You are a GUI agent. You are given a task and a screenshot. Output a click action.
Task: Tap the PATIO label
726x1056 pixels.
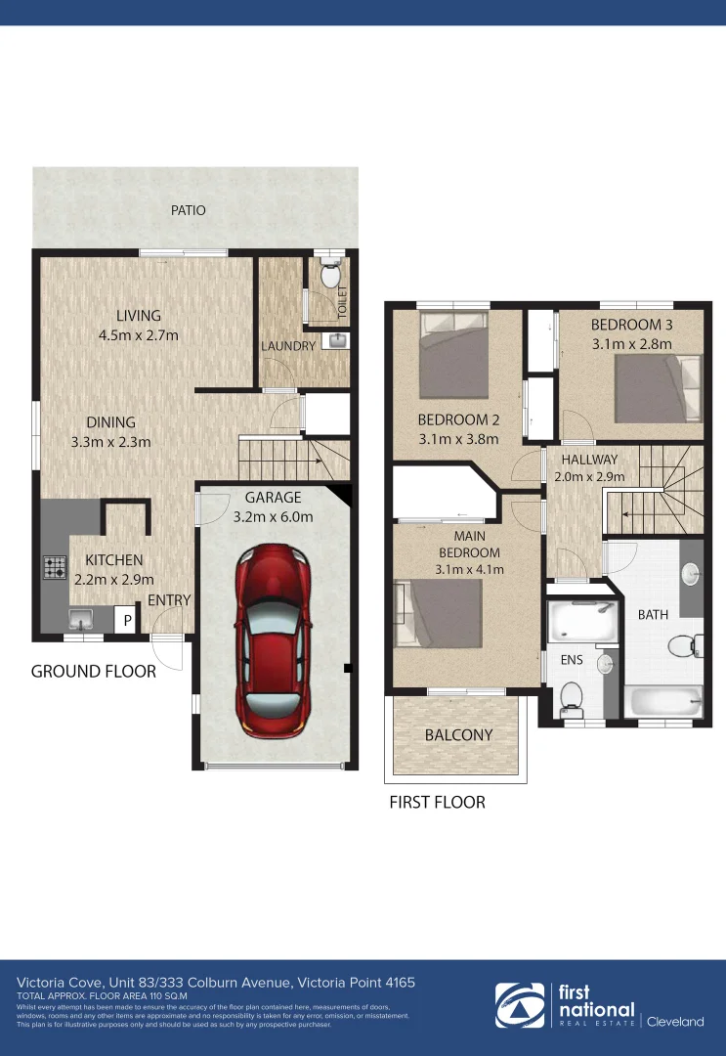189,210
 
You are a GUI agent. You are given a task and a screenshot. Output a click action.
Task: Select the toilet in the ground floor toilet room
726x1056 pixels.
329,271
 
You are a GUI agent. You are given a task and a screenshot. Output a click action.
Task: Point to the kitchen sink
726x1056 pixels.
80,618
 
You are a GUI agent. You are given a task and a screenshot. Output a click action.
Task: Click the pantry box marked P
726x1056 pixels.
126,620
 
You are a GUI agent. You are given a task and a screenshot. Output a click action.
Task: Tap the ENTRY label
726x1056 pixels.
169,599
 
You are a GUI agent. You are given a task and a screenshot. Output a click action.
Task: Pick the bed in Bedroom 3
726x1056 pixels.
659,388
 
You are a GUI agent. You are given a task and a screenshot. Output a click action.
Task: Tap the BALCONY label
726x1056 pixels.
458,735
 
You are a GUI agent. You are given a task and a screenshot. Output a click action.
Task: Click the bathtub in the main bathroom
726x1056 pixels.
662,703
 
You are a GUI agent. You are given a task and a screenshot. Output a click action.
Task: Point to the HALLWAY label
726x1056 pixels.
589,459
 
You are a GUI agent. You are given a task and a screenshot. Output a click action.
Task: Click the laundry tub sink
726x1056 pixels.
337,341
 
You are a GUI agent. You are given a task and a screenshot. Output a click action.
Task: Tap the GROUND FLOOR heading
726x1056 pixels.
93,672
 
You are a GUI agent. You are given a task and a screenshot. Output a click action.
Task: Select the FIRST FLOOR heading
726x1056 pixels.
437,803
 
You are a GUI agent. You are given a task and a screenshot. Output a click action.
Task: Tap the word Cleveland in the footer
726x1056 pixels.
675,1022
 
